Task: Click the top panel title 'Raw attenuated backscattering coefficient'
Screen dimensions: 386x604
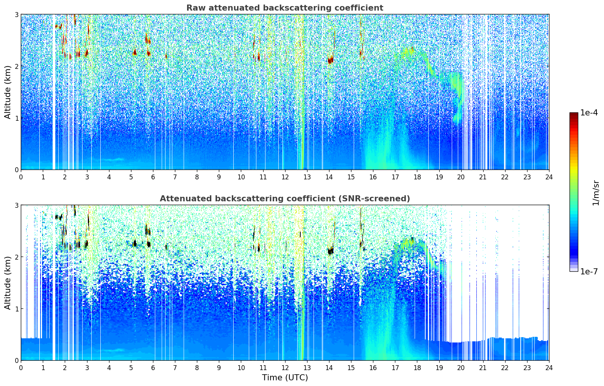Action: point(284,8)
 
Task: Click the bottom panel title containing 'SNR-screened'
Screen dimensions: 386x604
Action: point(284,199)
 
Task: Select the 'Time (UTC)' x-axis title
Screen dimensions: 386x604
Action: point(285,378)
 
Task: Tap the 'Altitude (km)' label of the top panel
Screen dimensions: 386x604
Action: point(8,92)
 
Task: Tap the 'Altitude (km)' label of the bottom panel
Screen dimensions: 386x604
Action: point(8,283)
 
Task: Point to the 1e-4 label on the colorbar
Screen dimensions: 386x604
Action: point(589,113)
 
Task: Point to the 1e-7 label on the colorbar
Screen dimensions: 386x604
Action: point(589,271)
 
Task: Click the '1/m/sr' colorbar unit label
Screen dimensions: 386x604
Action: point(596,193)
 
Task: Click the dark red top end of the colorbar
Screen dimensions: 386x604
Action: point(573,114)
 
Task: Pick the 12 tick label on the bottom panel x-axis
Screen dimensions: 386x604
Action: point(285,367)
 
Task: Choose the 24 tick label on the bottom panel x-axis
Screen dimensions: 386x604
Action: point(549,367)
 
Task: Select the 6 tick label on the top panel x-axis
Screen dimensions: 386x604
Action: point(153,177)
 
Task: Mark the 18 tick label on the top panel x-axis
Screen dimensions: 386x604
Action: point(417,177)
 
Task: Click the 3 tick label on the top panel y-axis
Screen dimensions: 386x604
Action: point(17,14)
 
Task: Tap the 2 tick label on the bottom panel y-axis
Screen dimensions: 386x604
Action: point(17,257)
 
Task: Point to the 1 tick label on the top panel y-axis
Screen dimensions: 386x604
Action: point(17,118)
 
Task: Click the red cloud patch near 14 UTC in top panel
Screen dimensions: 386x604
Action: point(330,60)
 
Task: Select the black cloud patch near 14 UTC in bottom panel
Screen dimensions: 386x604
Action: point(330,251)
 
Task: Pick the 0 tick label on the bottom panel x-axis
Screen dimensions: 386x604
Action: point(21,367)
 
